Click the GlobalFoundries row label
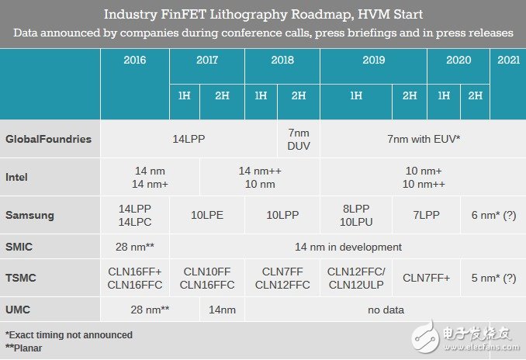(48, 140)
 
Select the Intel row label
(17, 177)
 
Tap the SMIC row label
(19, 247)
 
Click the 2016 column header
(134, 60)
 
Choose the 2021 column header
(507, 60)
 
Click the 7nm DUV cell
(299, 140)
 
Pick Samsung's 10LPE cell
(207, 214)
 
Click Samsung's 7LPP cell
(425, 214)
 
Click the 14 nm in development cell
(347, 247)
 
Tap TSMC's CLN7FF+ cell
(425, 278)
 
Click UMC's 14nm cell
(222, 310)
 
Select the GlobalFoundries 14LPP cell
(189, 140)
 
